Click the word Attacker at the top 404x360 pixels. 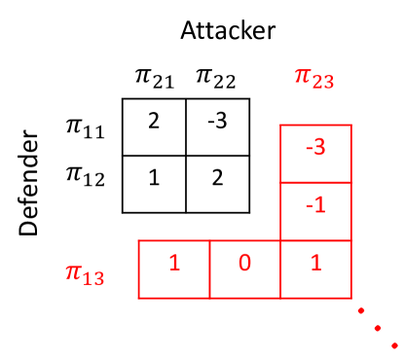228,29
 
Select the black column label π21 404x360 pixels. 154,78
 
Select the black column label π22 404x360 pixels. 217,78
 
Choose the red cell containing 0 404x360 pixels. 245,268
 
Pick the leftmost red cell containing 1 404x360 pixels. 174,268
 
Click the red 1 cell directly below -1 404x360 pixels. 315,268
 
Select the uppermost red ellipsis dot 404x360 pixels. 359,310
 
